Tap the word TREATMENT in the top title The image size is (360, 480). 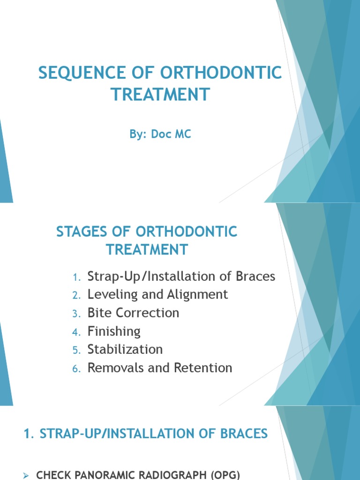(x=159, y=95)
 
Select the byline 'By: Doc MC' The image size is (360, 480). (x=160, y=135)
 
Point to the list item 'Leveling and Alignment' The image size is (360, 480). (x=157, y=294)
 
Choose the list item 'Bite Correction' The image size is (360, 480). (x=133, y=313)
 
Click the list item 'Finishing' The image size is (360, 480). (x=114, y=331)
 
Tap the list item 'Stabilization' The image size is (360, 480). (x=125, y=350)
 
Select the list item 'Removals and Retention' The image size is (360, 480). (x=159, y=368)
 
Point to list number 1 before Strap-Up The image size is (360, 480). (x=77, y=277)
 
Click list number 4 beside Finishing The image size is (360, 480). (x=77, y=332)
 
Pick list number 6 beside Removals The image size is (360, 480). (x=77, y=369)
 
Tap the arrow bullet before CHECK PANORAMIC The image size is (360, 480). (x=27, y=475)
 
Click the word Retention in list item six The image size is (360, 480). (x=203, y=368)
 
